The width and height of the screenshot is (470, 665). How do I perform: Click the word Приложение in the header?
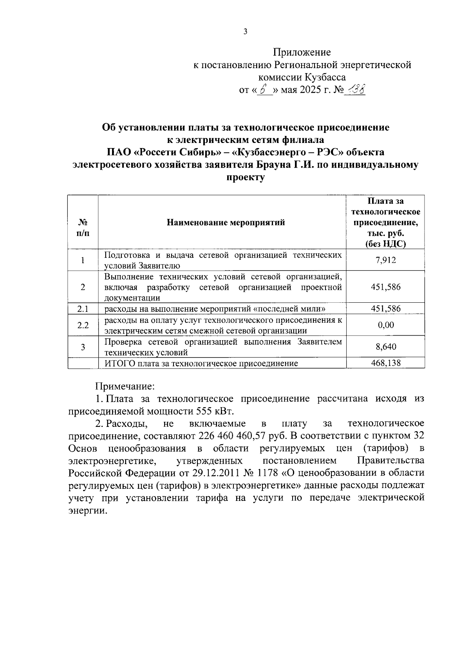click(x=302, y=52)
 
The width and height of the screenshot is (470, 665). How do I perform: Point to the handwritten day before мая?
click(x=265, y=90)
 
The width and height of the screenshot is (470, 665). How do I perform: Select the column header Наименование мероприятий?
click(x=226, y=223)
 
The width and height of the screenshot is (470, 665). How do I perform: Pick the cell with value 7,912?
click(x=385, y=260)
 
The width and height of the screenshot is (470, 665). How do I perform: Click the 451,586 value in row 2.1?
click(x=385, y=309)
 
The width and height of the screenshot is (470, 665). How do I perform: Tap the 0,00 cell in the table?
click(x=385, y=325)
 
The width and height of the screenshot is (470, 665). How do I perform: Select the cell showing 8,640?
click(x=385, y=347)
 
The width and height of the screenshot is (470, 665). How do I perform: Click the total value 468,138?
click(x=385, y=363)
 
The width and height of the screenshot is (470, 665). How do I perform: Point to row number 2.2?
click(x=83, y=325)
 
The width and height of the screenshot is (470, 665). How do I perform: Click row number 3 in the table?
click(x=83, y=347)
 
